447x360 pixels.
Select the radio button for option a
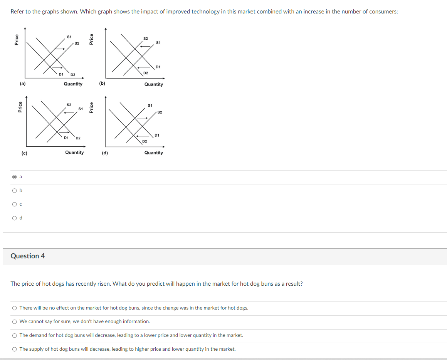click(x=15, y=177)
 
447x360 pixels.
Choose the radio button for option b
click(x=15, y=191)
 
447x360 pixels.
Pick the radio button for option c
click(x=15, y=204)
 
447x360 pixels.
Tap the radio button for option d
click(x=15, y=218)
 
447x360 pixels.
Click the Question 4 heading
click(x=28, y=256)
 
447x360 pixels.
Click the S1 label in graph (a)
click(x=69, y=37)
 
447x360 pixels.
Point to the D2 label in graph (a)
click(x=73, y=74)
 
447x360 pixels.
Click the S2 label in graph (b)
click(x=145, y=39)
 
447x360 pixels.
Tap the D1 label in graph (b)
click(x=158, y=67)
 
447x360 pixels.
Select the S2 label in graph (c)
click(x=69, y=105)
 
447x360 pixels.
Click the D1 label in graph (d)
click(x=157, y=135)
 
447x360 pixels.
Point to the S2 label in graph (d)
click(x=160, y=112)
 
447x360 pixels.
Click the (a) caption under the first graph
click(x=23, y=83)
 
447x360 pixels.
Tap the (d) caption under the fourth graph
click(x=105, y=153)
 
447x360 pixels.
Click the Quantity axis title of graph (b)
click(x=153, y=84)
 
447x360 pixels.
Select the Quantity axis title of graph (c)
click(x=74, y=152)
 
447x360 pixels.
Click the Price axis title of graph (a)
click(x=17, y=40)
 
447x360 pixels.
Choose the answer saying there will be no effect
click(x=15, y=308)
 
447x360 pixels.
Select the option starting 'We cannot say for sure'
click(x=15, y=321)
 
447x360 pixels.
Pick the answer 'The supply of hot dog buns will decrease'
click(x=15, y=349)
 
